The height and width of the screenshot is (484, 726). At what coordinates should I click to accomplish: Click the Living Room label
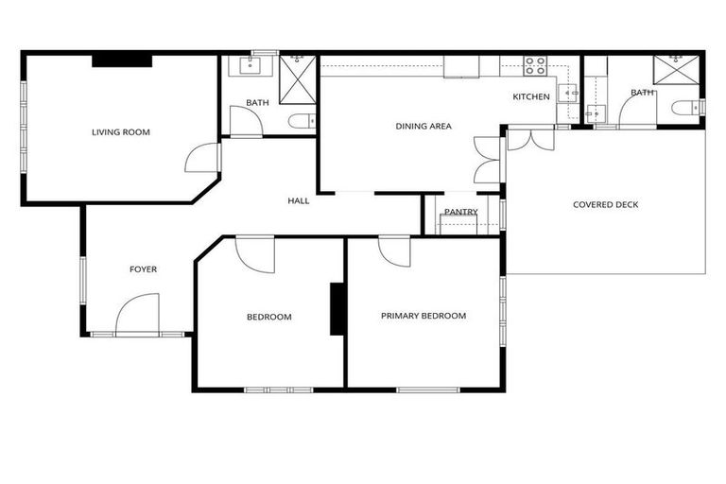[121, 131]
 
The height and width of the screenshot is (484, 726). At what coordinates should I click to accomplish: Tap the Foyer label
[143, 269]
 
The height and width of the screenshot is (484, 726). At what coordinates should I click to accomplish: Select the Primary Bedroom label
[423, 316]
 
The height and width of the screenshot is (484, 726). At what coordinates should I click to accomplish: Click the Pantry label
[460, 212]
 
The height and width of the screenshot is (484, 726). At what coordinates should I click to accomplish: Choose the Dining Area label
[423, 126]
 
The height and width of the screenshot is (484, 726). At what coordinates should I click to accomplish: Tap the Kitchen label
[531, 96]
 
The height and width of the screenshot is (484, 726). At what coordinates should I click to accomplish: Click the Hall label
[299, 200]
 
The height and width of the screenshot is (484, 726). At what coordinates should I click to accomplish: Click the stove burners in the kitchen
[535, 66]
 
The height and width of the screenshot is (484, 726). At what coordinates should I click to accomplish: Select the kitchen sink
[570, 93]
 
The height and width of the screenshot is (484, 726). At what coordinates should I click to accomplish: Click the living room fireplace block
[122, 60]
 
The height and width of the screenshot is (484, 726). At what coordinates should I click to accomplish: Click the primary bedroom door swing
[394, 251]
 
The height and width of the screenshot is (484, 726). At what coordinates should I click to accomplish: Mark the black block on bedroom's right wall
[337, 308]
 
